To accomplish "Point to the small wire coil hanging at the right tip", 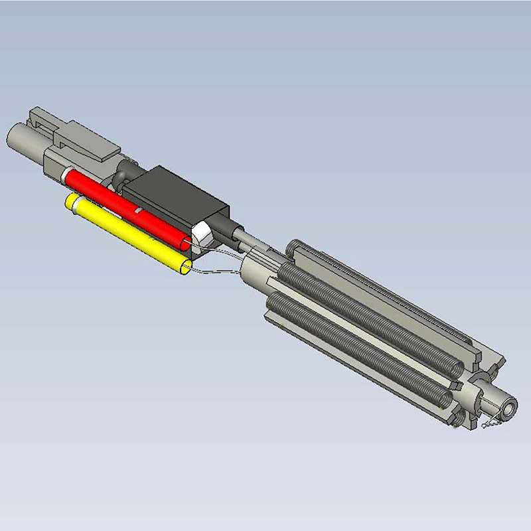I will pos(491,422).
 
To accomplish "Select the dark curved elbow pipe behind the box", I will pos(120,179).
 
